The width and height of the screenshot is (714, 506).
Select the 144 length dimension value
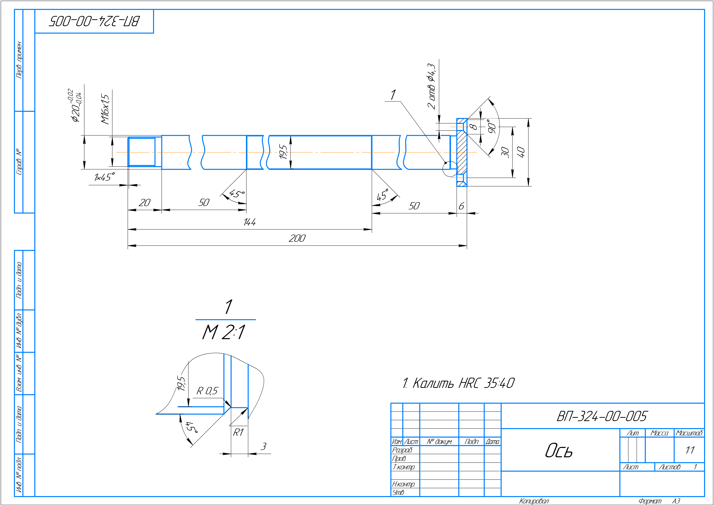coord(250,222)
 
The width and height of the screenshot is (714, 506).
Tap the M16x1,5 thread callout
coord(105,109)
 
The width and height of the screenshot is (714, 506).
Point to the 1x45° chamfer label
coord(104,177)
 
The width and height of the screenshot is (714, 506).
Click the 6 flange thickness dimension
coord(461,206)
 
